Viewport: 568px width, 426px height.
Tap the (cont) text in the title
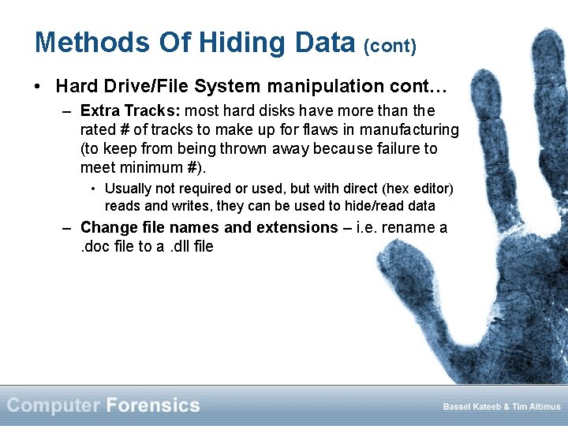pos(390,45)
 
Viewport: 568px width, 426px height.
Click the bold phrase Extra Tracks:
pos(130,110)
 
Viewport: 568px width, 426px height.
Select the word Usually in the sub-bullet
pos(130,189)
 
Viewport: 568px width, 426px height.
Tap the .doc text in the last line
pos(95,246)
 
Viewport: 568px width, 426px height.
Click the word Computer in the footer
pos(54,405)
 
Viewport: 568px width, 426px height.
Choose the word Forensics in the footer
pos(152,405)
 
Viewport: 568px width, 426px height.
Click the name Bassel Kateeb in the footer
pos(472,407)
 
